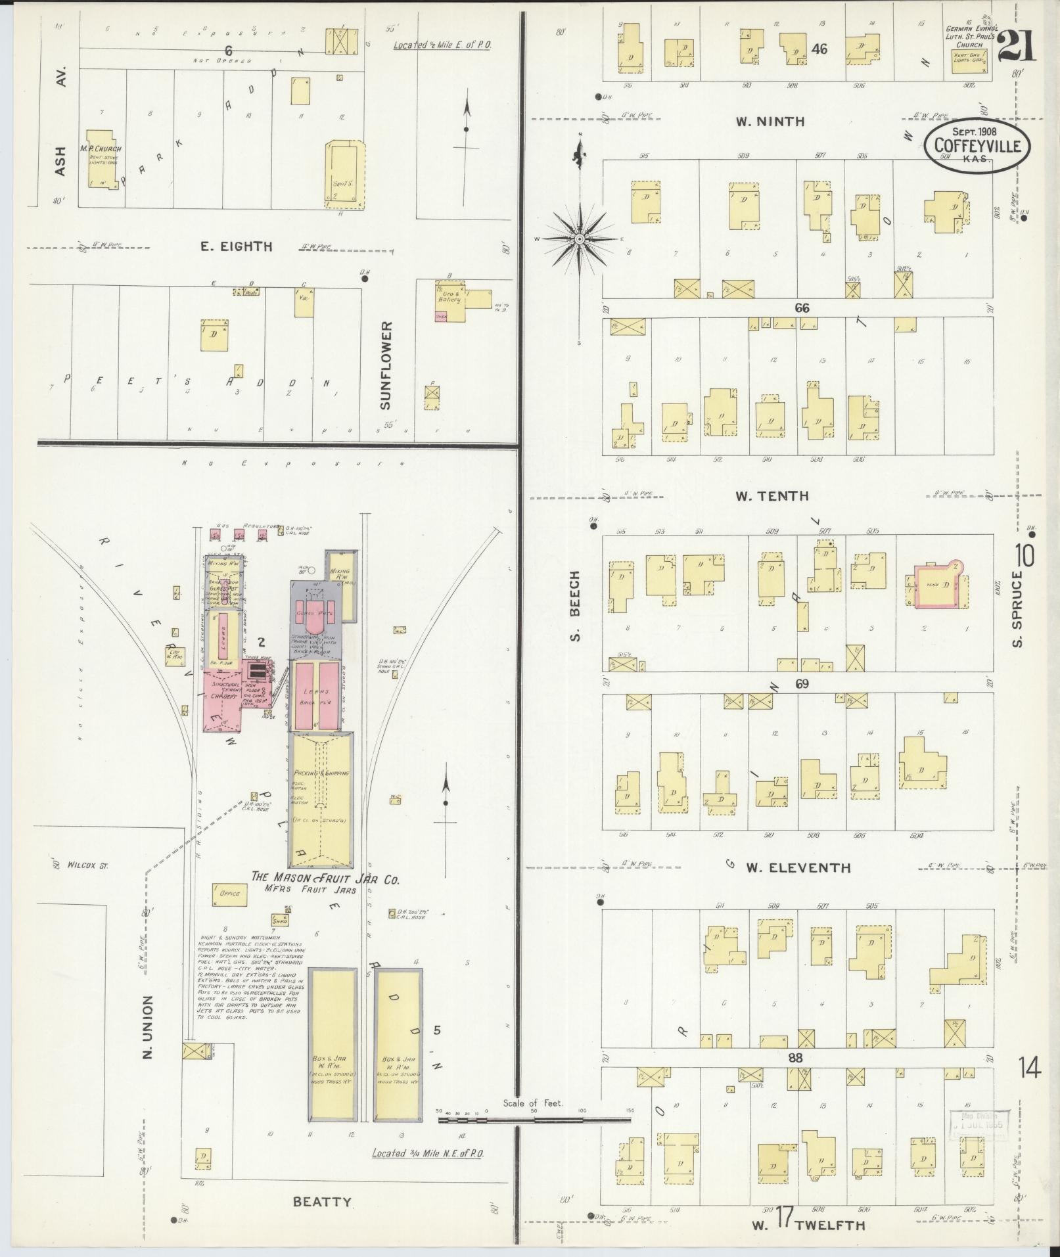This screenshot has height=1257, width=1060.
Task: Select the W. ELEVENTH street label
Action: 798,868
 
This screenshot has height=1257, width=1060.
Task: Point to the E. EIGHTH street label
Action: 237,247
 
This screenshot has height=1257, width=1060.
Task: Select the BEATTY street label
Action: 322,1202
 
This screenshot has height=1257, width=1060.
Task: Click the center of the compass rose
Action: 580,240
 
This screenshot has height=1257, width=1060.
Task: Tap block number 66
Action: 801,308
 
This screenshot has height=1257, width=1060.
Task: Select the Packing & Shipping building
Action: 321,799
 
